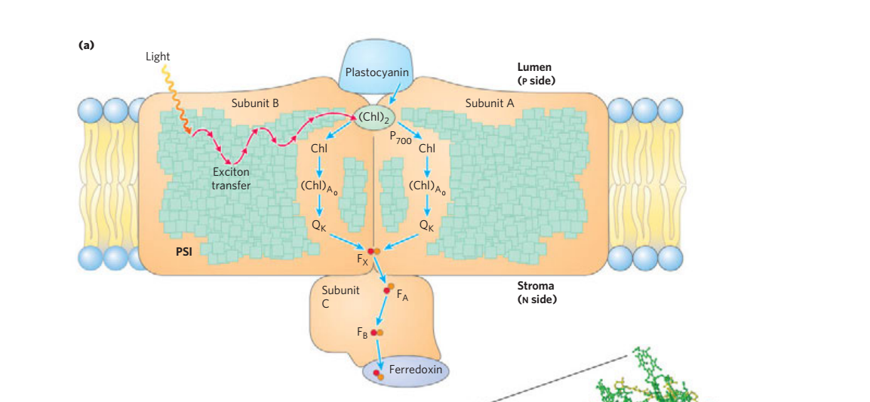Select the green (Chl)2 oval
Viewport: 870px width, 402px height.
click(x=376, y=117)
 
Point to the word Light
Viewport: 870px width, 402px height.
click(x=158, y=57)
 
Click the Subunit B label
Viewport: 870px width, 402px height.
click(x=254, y=103)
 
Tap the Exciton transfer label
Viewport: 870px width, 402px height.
click(x=231, y=179)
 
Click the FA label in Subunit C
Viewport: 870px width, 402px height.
click(x=403, y=299)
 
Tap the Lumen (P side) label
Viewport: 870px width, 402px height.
click(x=535, y=73)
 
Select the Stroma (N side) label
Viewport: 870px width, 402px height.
click(x=536, y=293)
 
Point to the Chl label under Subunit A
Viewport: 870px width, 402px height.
click(x=426, y=149)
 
